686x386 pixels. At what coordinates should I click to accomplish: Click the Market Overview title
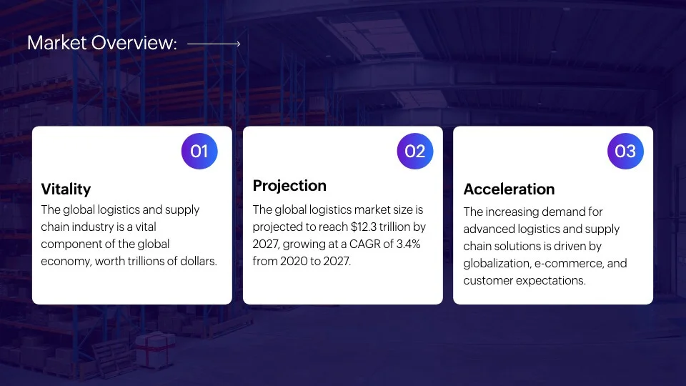[x=102, y=43]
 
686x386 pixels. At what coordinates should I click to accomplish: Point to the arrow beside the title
[x=214, y=44]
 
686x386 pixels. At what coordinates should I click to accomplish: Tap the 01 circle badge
[x=199, y=151]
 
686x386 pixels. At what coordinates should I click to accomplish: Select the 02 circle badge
[x=415, y=151]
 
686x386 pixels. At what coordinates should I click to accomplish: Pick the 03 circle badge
[x=626, y=151]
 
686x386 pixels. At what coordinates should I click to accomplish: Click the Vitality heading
[x=66, y=189]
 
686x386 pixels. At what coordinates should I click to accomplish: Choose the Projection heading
[x=289, y=186]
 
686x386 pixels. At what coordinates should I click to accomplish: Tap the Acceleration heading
[x=509, y=189]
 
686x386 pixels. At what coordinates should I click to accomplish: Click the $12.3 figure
[x=364, y=227]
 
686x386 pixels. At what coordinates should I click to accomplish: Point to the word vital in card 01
[x=146, y=227]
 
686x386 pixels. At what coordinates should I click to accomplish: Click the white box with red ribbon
[x=155, y=350]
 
